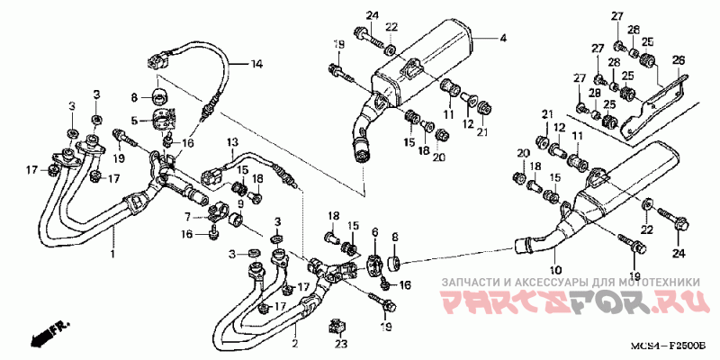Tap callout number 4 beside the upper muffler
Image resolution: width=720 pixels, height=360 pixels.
tap(503, 39)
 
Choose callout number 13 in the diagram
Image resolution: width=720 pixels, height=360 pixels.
tap(231, 142)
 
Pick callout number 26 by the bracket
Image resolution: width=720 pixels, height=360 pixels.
tap(678, 60)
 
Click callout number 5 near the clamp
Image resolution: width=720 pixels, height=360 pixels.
tap(134, 120)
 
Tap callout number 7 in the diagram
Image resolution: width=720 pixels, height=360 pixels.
tap(187, 217)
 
